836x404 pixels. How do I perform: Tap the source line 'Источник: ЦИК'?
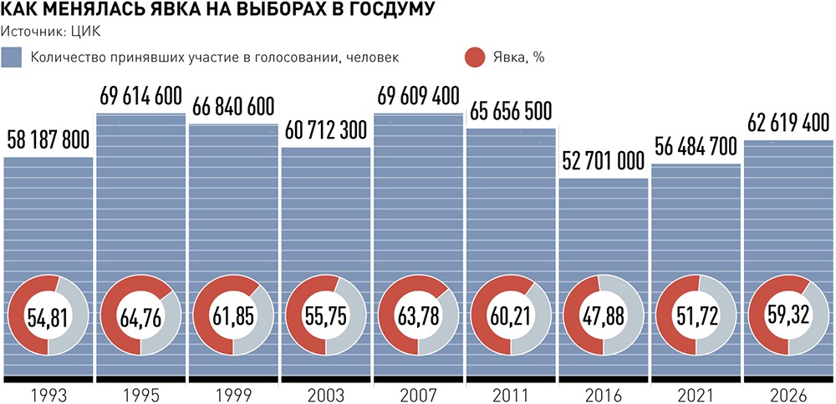pyautogui.click(x=51, y=32)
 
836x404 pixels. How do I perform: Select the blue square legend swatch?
pyautogui.click(x=12, y=58)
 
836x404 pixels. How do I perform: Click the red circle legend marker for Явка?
pyautogui.click(x=475, y=58)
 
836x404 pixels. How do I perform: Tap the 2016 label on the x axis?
pyautogui.click(x=604, y=396)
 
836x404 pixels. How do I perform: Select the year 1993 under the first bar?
pyautogui.click(x=48, y=396)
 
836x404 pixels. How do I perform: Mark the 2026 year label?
pyautogui.click(x=789, y=396)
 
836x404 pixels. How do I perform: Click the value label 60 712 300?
pyautogui.click(x=326, y=130)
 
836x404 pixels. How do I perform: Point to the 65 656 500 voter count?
pyautogui.click(x=511, y=111)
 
